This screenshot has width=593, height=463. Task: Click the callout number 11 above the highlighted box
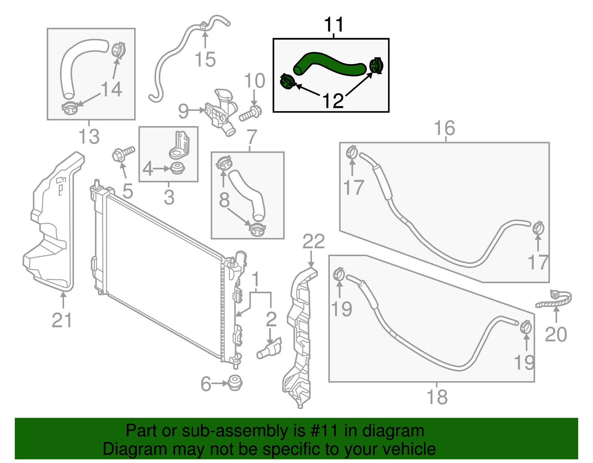pyautogui.click(x=334, y=25)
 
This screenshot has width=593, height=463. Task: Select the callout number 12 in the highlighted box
pyautogui.click(x=333, y=101)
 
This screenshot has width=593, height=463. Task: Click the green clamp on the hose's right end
pyautogui.click(x=377, y=66)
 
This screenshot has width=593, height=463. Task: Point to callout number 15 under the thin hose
pyautogui.click(x=205, y=59)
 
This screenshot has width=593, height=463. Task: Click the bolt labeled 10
pyautogui.click(x=250, y=114)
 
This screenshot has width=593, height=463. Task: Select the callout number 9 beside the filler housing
pyautogui.click(x=183, y=111)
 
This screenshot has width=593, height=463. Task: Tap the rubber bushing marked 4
pyautogui.click(x=178, y=168)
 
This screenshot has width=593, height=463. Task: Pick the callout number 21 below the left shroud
pyautogui.click(x=62, y=320)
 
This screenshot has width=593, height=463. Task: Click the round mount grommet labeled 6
pyautogui.click(x=234, y=382)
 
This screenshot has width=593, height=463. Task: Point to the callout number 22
pyautogui.click(x=314, y=241)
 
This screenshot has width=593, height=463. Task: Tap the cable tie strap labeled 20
pyautogui.click(x=554, y=300)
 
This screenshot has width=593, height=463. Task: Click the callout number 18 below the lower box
pyautogui.click(x=437, y=397)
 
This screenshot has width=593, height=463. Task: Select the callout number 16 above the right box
pyautogui.click(x=444, y=128)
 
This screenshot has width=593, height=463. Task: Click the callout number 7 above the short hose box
pyautogui.click(x=252, y=137)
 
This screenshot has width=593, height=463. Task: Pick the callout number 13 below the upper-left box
pyautogui.click(x=89, y=136)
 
